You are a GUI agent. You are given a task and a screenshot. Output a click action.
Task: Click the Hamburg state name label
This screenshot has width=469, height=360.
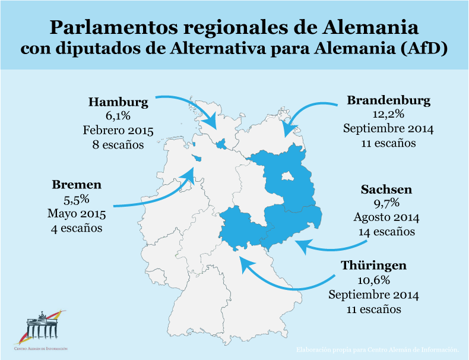click(118, 102)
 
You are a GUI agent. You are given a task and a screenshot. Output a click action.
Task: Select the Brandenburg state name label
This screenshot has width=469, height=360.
click(388, 100)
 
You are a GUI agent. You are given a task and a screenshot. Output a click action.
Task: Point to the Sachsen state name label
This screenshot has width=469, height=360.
click(386, 190)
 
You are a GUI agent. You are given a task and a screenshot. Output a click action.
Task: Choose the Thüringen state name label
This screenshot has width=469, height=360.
click(373, 266)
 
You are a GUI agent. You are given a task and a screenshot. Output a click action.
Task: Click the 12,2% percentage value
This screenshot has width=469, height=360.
click(388, 114)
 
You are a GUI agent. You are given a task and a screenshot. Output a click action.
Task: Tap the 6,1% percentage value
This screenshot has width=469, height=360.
click(118, 116)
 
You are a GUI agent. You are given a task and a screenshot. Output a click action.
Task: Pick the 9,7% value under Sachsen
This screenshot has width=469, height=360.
click(386, 204)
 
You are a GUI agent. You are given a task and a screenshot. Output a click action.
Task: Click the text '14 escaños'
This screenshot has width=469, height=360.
click(386, 232)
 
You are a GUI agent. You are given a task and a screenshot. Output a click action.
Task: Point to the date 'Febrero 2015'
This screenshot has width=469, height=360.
click(118, 131)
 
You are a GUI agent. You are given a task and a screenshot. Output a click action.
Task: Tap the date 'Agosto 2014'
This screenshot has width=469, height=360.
click(386, 217)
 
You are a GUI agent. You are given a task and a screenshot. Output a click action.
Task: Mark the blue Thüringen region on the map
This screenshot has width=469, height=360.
click(240, 226)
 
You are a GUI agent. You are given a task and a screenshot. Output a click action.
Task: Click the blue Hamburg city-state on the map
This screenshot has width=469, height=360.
click(221, 143)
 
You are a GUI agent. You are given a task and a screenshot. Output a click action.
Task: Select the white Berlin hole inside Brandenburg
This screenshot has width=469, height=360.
click(287, 176)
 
